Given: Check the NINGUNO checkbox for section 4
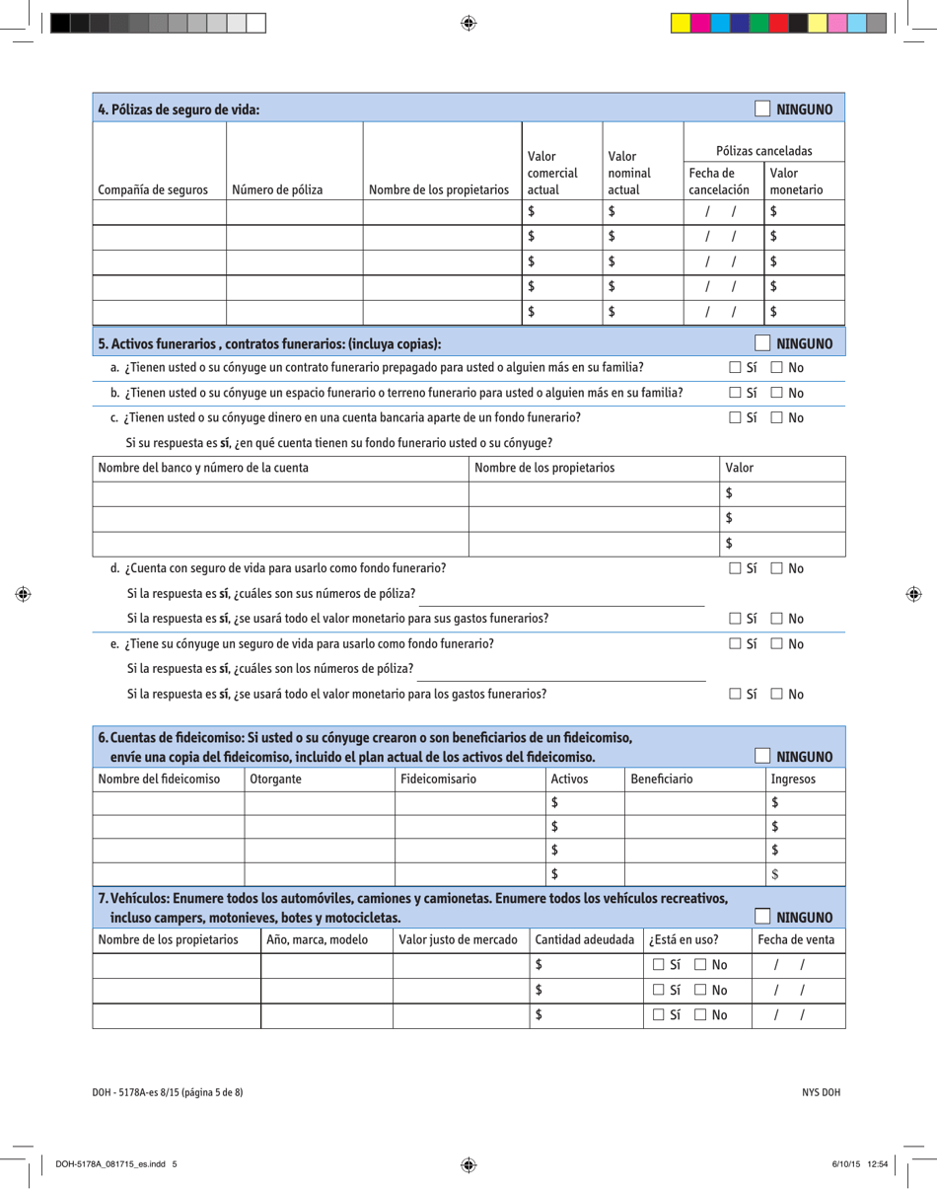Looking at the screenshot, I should coord(762,109).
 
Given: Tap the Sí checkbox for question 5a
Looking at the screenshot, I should coord(735,367).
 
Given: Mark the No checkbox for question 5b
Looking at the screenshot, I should coord(778,393).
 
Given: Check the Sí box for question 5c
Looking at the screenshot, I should coord(735,417).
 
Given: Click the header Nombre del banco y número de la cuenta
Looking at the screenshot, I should coord(202,467).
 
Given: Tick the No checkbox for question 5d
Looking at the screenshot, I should coord(778,568).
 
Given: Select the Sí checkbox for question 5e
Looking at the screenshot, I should coord(735,644).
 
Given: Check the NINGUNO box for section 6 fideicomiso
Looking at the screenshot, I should coord(762,757).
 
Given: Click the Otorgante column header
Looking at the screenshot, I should coord(276,780).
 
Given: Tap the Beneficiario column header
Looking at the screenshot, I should coord(661,780).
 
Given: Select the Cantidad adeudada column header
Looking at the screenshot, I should coord(584,940).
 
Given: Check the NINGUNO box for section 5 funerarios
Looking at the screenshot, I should coord(762,343).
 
